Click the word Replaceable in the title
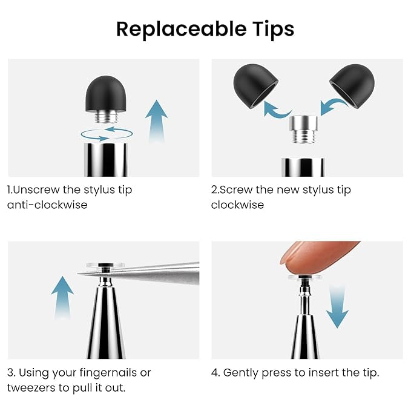tap(181, 29)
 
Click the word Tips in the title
tap(274, 30)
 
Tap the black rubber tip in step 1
tap(106, 94)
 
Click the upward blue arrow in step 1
tap(157, 121)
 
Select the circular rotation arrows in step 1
tap(107, 134)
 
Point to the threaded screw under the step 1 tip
tap(106, 117)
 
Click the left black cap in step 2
tap(255, 85)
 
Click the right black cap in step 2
tap(353, 85)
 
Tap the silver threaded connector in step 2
tap(303, 129)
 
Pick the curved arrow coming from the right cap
tap(334, 106)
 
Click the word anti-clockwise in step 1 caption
tap(47, 205)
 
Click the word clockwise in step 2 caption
tap(237, 205)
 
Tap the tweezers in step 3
tap(146, 272)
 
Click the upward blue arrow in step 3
tap(62, 297)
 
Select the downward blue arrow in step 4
tap(337, 306)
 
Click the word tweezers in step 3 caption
tap(31, 388)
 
